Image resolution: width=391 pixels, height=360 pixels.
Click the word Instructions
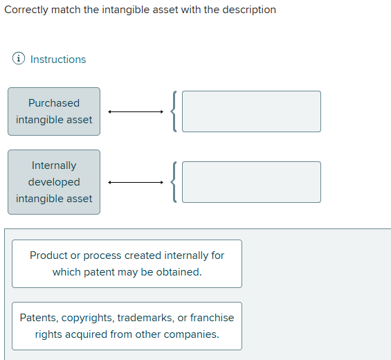pyautogui.click(x=58, y=60)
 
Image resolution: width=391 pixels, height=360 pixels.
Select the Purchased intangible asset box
pyautogui.click(x=54, y=111)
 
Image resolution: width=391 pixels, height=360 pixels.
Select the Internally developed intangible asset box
pyautogui.click(x=54, y=182)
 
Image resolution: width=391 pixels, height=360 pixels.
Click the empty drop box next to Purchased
pyautogui.click(x=251, y=111)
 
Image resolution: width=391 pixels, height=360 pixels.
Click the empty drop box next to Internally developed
pyautogui.click(x=251, y=182)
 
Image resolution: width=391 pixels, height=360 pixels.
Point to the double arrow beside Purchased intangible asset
pyautogui.click(x=136, y=111)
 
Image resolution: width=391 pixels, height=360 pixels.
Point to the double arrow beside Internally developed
pyautogui.click(x=136, y=182)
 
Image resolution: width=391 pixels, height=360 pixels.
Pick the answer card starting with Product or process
pyautogui.click(x=127, y=264)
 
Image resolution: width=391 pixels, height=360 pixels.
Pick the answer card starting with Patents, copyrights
pyautogui.click(x=127, y=326)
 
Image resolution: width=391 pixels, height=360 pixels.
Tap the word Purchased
pyautogui.click(x=54, y=103)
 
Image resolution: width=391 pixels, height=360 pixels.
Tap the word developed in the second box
pyautogui.click(x=54, y=182)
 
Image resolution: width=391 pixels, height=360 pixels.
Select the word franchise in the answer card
pyautogui.click(x=212, y=318)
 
